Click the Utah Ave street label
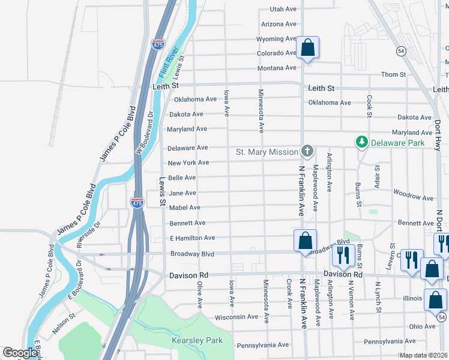(x=283, y=10)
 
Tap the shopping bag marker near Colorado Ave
(x=307, y=48)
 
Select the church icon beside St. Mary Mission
(x=307, y=151)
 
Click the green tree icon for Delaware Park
(x=361, y=142)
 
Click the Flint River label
(x=169, y=64)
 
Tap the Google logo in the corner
(x=20, y=353)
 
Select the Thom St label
(x=394, y=74)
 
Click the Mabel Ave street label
(x=184, y=208)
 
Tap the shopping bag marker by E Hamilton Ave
(x=305, y=241)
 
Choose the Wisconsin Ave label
(x=236, y=317)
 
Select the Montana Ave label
(x=277, y=68)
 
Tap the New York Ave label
(x=188, y=163)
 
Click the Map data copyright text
(x=423, y=355)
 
